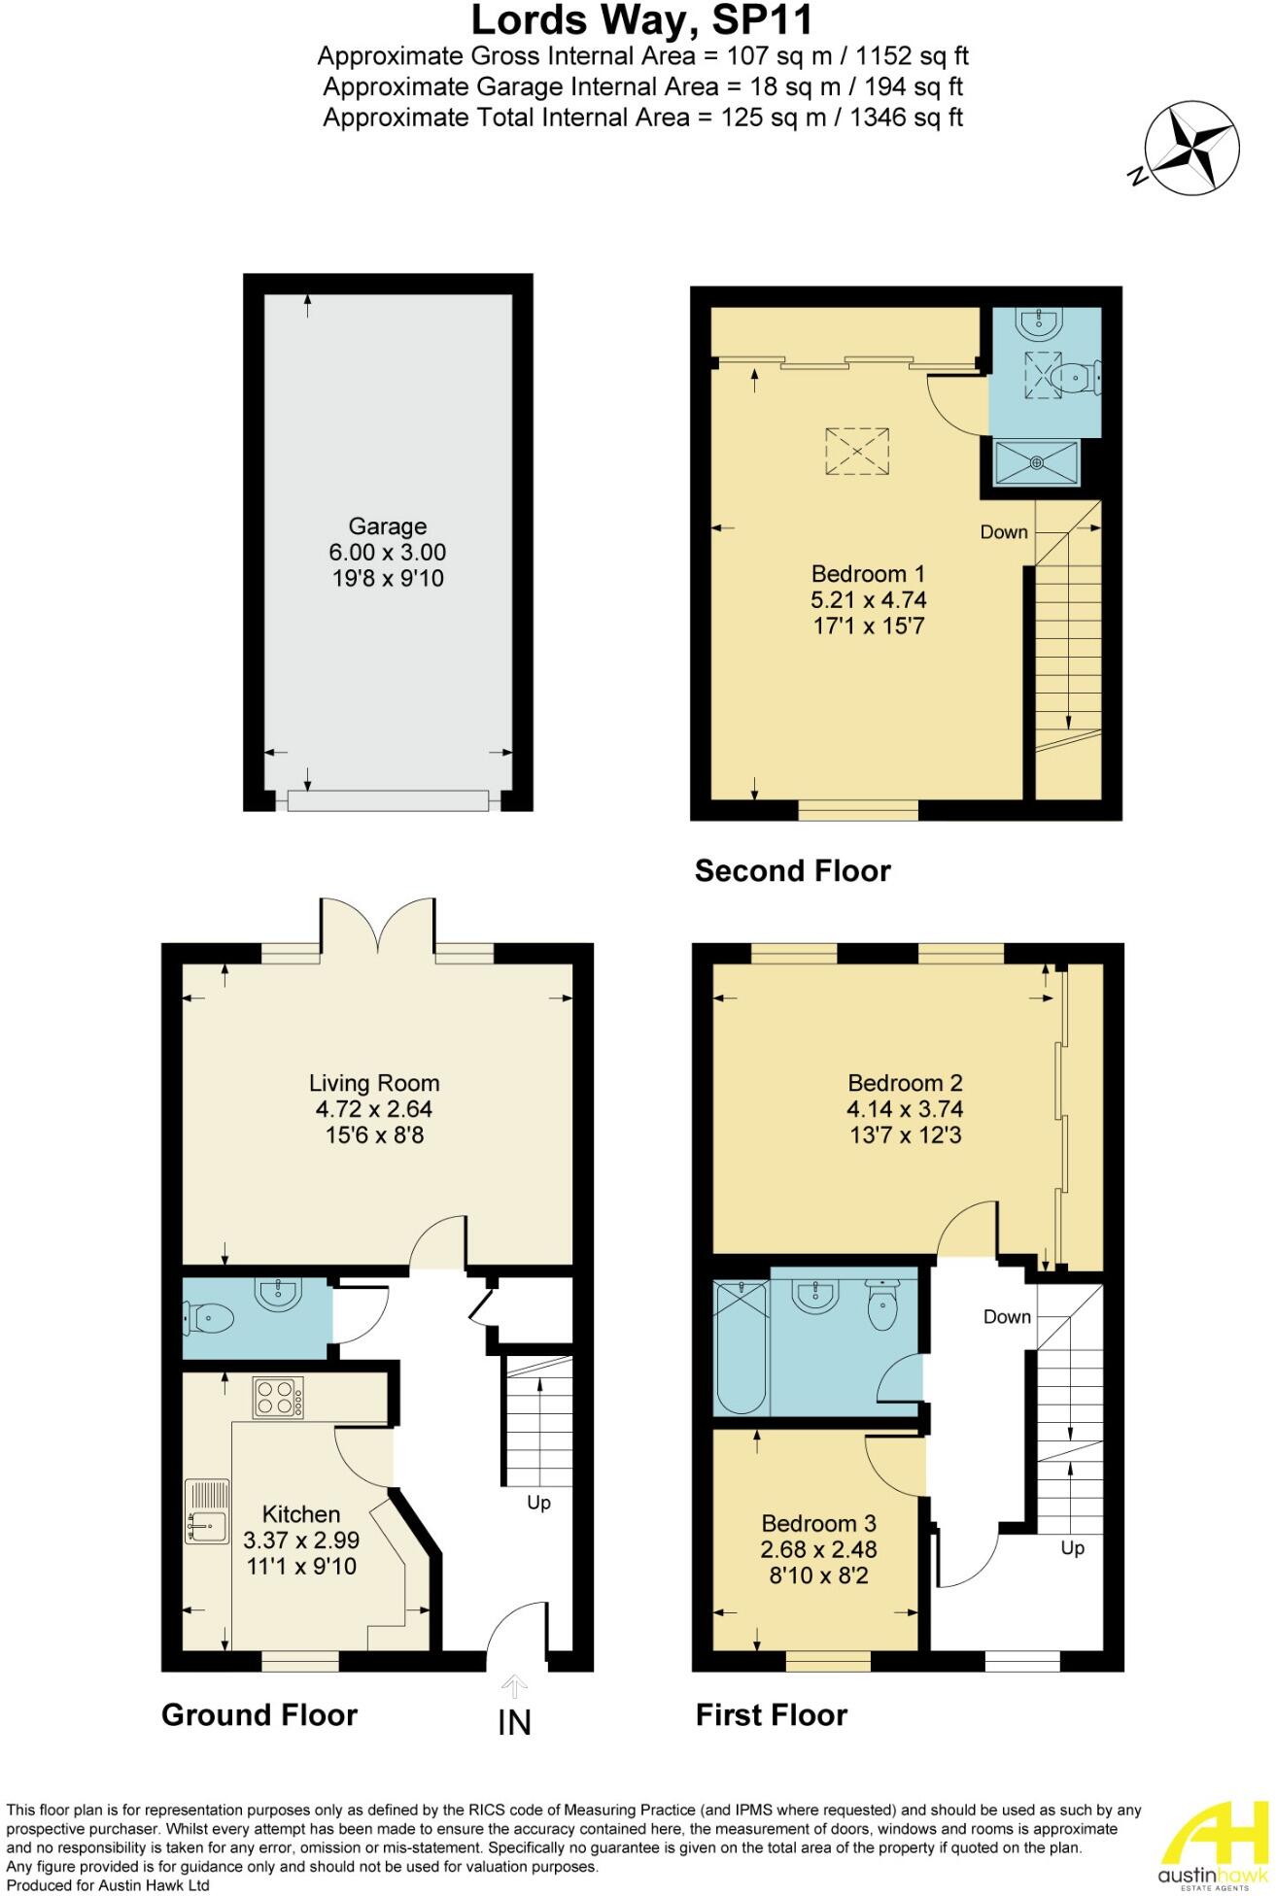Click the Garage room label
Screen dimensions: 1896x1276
click(x=387, y=526)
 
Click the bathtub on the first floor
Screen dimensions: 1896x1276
click(x=741, y=1347)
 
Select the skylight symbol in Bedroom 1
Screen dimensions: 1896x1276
click(x=857, y=452)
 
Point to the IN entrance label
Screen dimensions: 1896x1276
click(x=514, y=1722)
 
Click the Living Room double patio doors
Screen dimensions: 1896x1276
click(x=379, y=928)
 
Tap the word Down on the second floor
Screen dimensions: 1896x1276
click(x=1003, y=531)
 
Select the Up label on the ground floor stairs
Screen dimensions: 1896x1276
click(x=538, y=1503)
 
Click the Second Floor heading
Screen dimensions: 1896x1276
click(x=792, y=870)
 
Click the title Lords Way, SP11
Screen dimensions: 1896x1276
click(x=641, y=19)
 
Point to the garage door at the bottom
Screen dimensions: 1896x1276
click(x=387, y=800)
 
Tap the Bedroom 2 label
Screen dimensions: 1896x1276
click(x=904, y=1083)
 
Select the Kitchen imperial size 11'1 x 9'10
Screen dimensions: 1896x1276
click(x=300, y=1566)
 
